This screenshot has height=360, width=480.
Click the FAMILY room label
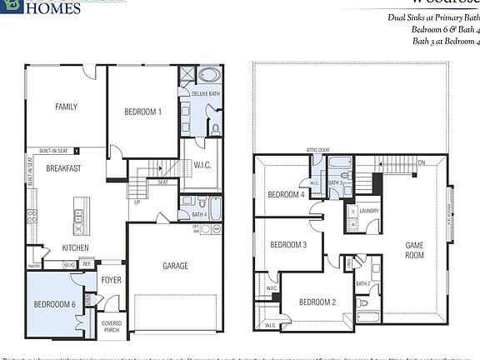pyautogui.click(x=67, y=107)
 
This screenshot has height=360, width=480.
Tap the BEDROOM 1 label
pyautogui.click(x=143, y=112)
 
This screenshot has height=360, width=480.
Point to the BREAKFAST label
pyautogui.click(x=63, y=168)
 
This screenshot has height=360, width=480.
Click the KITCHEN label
pyautogui.click(x=76, y=247)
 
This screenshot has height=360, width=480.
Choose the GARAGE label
pyautogui.click(x=175, y=267)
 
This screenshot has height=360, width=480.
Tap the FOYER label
pyautogui.click(x=112, y=280)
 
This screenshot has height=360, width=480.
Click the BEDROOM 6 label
pyautogui.click(x=55, y=305)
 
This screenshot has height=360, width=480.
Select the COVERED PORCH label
pyautogui.click(x=112, y=327)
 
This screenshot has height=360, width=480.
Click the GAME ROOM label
pyautogui.click(x=414, y=250)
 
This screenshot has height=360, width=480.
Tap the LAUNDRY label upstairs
pyautogui.click(x=369, y=211)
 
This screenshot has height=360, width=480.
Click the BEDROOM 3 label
pyautogui.click(x=288, y=245)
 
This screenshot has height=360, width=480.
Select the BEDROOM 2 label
pyautogui.click(x=317, y=302)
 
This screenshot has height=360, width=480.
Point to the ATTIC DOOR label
pyautogui.click(x=318, y=150)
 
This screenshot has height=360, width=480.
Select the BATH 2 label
pyautogui.click(x=362, y=283)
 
